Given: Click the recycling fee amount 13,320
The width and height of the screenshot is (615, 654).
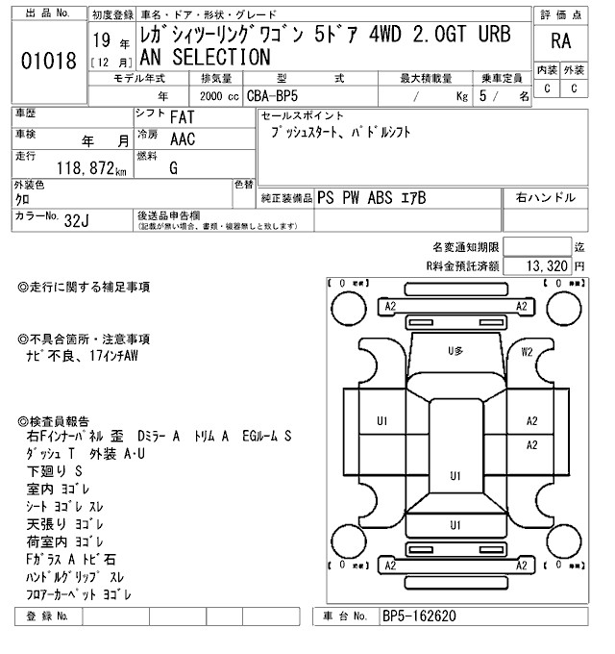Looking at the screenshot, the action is click(546, 265).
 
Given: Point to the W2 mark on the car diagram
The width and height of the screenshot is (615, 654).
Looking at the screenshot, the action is click(527, 352).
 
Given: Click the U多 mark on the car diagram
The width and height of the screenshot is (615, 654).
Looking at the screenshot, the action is click(456, 352).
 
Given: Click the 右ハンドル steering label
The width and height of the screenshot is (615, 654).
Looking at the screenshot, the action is click(546, 197).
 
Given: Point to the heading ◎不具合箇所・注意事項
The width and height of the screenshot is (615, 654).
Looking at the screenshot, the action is click(84, 340).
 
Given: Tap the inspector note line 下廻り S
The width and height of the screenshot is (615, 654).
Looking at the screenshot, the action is click(54, 472).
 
